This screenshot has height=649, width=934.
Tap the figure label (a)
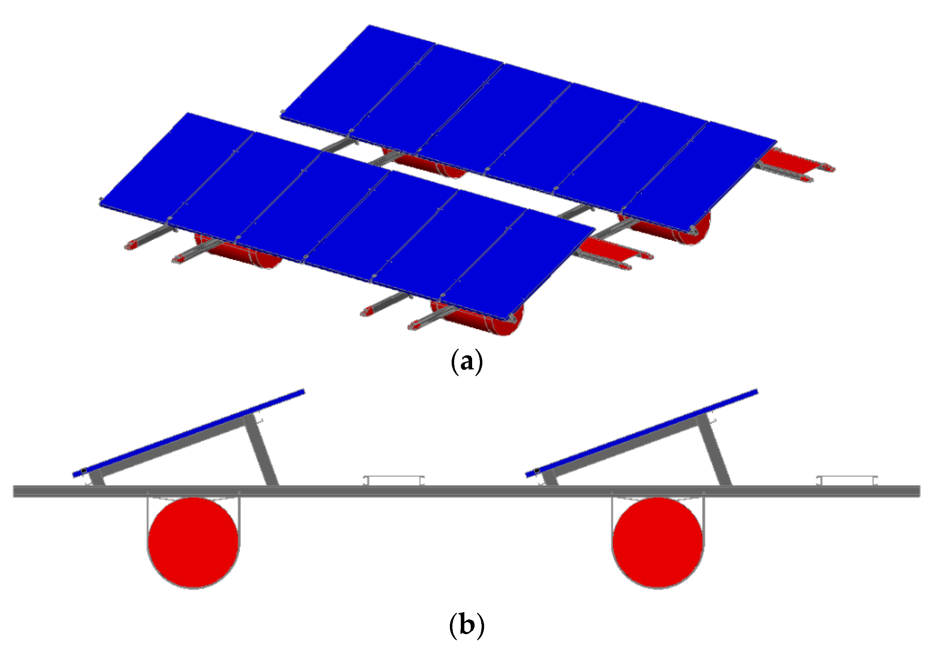[x=466, y=361]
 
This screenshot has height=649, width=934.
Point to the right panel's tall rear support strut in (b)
[x=714, y=450]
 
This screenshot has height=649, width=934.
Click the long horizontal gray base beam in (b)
[x=466, y=491]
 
